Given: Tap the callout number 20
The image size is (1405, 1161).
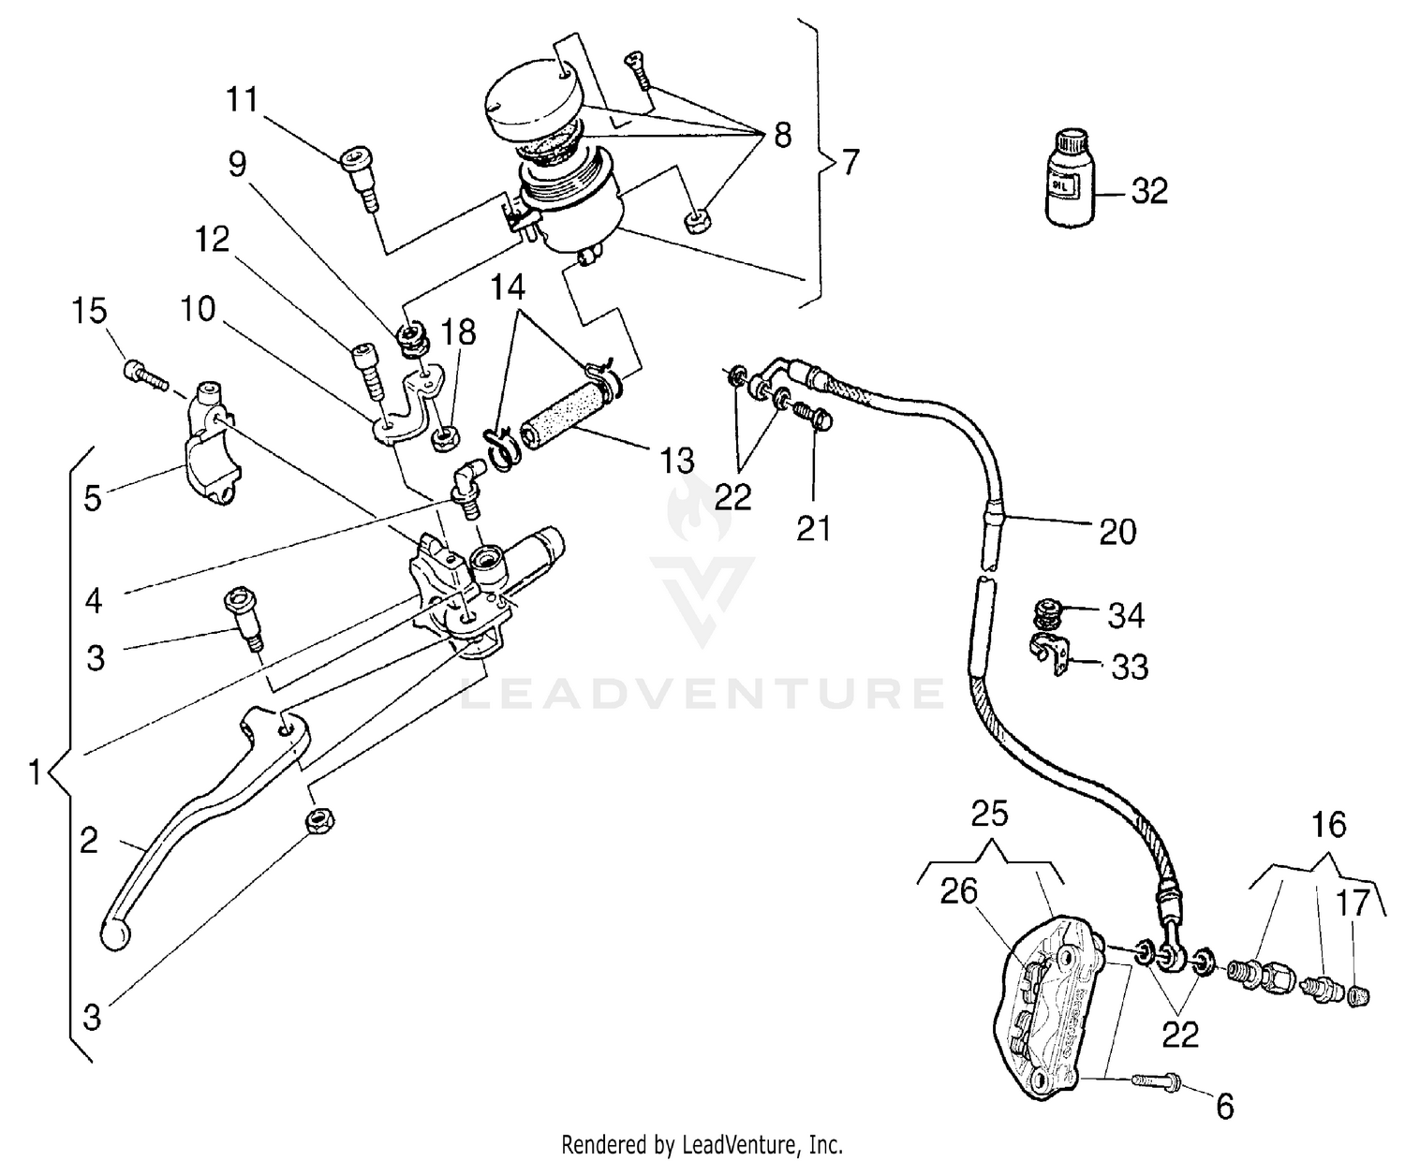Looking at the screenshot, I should pos(1117,531).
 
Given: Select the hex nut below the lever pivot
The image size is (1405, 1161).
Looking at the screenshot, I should pos(319,821).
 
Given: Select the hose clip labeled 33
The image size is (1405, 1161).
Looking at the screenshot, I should pos(1048,653).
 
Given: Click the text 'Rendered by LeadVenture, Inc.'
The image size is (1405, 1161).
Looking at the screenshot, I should pos(702,1143).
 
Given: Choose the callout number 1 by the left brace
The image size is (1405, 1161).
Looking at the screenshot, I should pos(34,773).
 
